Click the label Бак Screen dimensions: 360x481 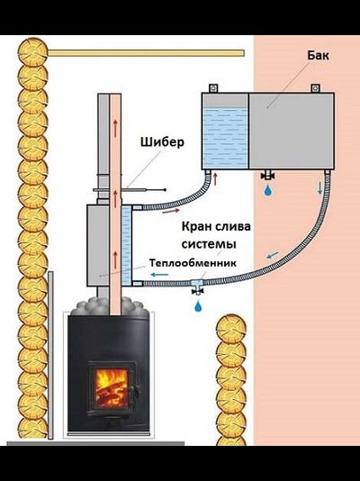click(x=318, y=56)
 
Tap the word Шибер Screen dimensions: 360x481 click(x=162, y=142)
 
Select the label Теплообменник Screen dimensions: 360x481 click(x=193, y=263)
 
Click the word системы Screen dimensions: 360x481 click(x=209, y=244)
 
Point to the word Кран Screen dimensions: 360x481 click(x=196, y=227)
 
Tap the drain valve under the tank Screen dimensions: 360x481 click(x=268, y=175)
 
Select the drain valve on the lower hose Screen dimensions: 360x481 click(x=198, y=287)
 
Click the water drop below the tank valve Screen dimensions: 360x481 click(x=268, y=190)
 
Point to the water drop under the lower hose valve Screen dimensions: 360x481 click(x=198, y=306)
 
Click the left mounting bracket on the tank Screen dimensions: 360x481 click(x=213, y=88)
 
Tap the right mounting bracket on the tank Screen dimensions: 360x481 click(x=316, y=88)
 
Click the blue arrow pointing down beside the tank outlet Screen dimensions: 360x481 click(x=319, y=187)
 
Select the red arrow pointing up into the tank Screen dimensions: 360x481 click(x=215, y=179)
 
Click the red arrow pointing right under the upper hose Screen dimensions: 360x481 click(x=171, y=211)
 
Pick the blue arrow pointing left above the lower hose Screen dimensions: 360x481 click(x=159, y=275)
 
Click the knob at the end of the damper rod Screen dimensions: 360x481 click(x=165, y=190)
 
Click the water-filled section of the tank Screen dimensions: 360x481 click(x=226, y=138)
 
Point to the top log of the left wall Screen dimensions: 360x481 click(x=32, y=52)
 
